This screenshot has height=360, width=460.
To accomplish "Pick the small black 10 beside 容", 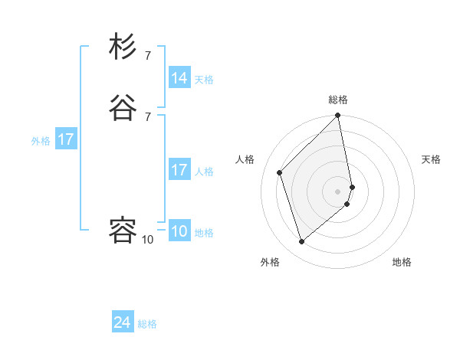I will point(147,240).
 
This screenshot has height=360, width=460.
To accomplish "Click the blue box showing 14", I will point(179,78).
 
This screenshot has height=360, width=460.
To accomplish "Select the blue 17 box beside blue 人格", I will point(179,170).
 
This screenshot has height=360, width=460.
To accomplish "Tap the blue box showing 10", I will point(179,231).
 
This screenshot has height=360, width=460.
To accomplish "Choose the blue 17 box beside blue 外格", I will point(66,139).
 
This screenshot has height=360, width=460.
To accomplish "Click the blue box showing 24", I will point(123,322).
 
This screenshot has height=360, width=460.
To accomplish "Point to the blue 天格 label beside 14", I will point(204,80).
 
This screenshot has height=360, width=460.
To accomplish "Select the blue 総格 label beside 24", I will point(147,324).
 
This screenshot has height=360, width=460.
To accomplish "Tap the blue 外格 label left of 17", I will point(41,141).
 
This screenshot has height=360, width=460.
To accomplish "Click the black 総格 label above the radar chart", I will point(338,100).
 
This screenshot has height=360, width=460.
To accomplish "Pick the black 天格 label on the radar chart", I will point(431,159).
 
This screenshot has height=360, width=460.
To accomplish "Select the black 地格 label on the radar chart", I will point(402,262).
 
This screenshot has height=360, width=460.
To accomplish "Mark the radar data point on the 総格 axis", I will point(338,116).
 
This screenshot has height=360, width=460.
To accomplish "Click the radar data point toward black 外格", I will point(302,242).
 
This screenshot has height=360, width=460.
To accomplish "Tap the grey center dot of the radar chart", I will point(338,191).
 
